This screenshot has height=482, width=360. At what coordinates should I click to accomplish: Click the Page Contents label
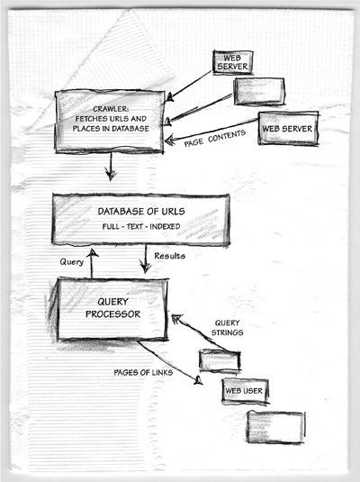click(215, 138)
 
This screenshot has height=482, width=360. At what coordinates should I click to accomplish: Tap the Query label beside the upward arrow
click(72, 262)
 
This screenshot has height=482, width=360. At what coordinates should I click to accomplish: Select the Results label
click(169, 256)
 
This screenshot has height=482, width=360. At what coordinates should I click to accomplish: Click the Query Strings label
click(228, 328)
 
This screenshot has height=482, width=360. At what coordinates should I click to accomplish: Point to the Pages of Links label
click(143, 373)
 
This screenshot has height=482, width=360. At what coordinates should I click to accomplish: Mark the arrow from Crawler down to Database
click(111, 167)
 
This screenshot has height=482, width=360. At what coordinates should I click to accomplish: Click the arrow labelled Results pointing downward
click(145, 259)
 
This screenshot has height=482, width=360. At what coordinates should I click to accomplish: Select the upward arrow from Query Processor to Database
click(92, 263)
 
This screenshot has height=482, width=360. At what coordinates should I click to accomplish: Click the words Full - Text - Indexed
click(141, 226)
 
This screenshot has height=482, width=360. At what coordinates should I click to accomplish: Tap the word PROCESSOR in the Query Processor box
click(112, 314)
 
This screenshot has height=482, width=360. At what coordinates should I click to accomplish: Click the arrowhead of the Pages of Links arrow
click(198, 380)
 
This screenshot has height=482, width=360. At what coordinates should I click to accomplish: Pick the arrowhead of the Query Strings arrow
click(176, 319)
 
